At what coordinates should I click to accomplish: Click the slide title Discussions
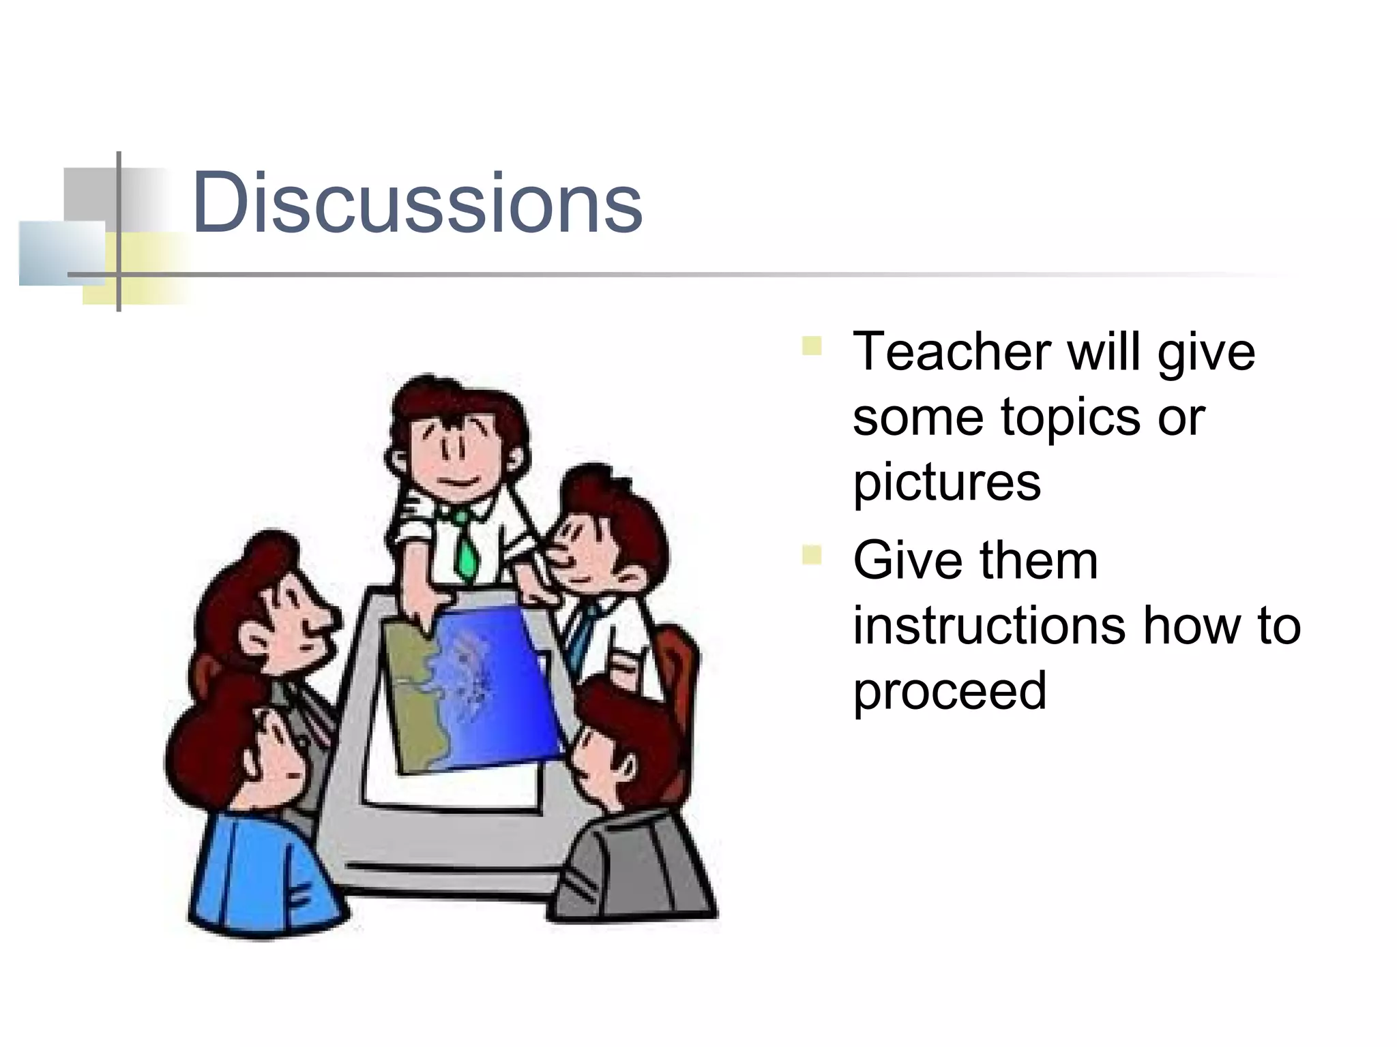pyautogui.click(x=417, y=202)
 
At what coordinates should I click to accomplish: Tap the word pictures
pyautogui.click(x=947, y=483)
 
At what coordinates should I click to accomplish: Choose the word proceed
pyautogui.click(x=950, y=691)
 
